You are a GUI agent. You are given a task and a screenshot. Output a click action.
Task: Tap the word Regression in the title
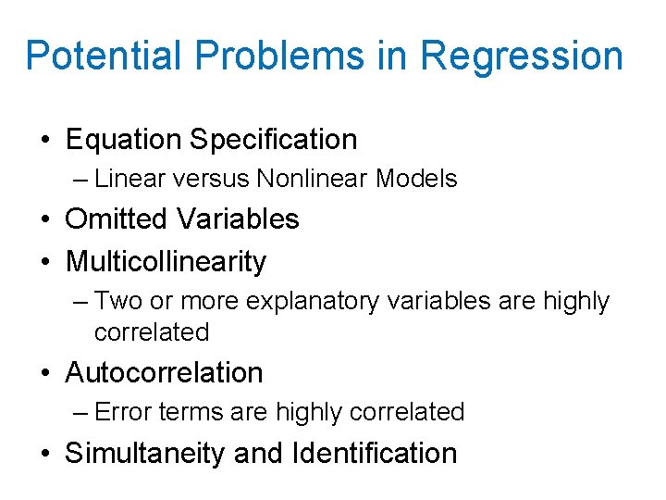[x=522, y=57]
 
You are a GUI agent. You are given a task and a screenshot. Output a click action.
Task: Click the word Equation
[x=123, y=141]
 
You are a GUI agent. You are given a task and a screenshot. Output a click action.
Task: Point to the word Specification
[x=273, y=141]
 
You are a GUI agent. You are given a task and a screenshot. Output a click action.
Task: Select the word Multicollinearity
[x=166, y=262]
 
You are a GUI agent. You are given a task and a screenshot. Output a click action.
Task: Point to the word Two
[x=116, y=301]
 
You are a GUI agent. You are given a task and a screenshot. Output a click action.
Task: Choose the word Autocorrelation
[x=164, y=373]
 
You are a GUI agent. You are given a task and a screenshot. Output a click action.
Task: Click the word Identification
[x=374, y=454]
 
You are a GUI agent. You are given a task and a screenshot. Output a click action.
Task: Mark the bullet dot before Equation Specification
[x=45, y=141]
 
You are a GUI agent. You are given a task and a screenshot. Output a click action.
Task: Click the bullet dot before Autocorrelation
[x=45, y=373]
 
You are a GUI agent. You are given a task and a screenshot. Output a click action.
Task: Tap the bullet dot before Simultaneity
[x=45, y=454]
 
